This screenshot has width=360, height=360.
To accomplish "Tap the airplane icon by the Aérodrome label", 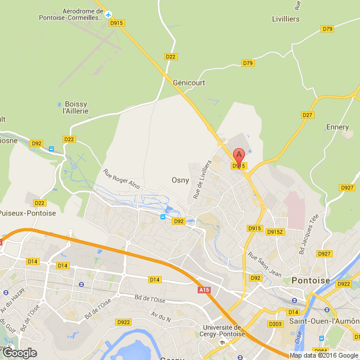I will point(109,12).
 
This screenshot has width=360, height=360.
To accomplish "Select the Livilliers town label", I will point(286,19).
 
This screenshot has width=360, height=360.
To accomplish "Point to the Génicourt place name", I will point(189,83).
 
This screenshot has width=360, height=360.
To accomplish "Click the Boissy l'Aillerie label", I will point(76,107).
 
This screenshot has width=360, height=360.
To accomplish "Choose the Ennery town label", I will point(338,127).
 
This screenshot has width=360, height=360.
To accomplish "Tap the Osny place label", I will point(179,181).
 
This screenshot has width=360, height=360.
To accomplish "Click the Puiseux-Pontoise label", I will point(28,213).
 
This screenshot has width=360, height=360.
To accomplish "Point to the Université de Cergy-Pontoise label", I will point(222,331).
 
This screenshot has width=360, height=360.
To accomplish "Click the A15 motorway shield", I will point(204,290).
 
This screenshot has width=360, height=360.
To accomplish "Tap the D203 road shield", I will point(276,324).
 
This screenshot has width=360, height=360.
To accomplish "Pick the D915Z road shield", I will point(275,232).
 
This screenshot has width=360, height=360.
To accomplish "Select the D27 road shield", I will point(307,115).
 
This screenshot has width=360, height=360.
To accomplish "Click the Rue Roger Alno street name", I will point(122,179).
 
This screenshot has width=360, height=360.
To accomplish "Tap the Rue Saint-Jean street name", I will point(264,264).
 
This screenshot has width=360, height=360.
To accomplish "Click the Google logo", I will point(19,353).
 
